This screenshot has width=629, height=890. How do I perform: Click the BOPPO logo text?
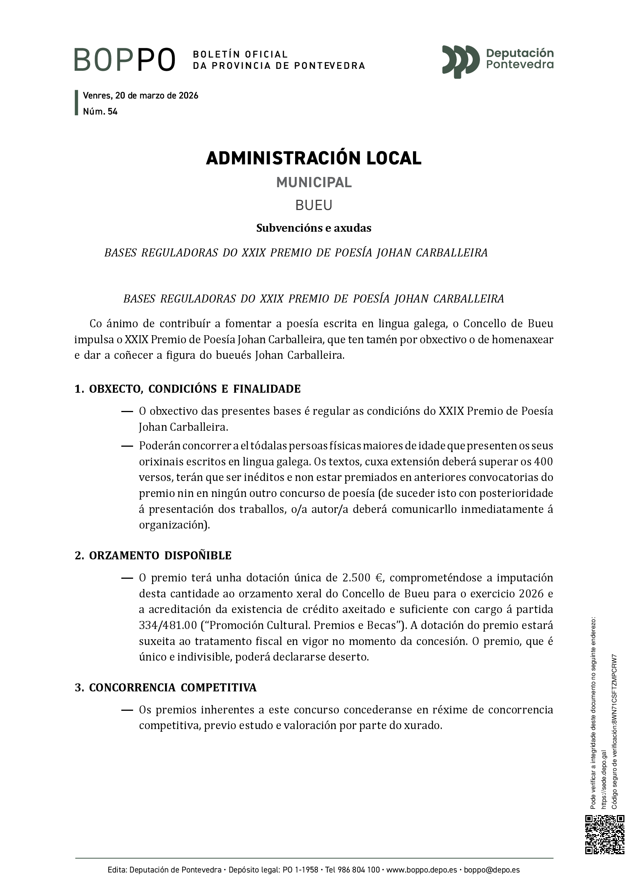point(125,60)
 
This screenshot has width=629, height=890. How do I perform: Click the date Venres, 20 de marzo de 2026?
point(141,96)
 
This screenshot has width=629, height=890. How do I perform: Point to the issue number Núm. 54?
point(100,111)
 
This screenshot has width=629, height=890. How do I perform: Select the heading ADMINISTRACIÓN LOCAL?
point(314,158)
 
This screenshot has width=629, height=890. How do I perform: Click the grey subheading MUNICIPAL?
point(314,182)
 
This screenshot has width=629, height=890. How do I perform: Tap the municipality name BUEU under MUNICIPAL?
point(314,205)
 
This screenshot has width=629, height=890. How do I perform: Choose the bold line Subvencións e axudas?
point(314,228)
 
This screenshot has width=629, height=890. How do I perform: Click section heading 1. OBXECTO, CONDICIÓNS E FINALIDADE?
point(187,389)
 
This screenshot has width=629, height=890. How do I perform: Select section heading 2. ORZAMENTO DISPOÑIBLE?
point(153,556)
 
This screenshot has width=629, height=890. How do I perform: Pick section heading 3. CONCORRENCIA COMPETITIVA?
point(165,688)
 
